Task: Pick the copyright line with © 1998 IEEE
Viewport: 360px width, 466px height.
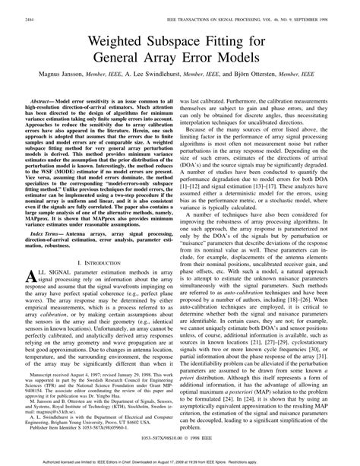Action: tap(181, 449)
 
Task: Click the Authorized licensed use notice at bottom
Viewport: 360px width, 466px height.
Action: tap(181, 461)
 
